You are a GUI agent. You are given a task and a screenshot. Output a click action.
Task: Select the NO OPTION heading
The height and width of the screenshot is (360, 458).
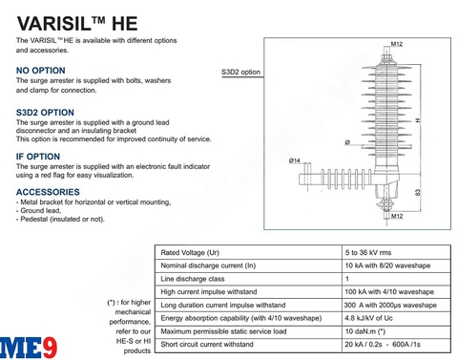point(41,71)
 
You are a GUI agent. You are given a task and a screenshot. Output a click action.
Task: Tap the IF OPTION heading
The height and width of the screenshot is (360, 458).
point(38,156)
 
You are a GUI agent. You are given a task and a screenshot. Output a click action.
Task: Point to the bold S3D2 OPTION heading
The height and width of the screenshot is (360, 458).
point(45,113)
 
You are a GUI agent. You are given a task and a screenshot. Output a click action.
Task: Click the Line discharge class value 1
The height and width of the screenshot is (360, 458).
point(347,278)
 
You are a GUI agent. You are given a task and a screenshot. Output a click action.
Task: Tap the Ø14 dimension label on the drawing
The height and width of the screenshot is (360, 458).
point(295,159)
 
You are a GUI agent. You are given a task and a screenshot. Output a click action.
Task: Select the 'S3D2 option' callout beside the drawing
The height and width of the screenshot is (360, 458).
point(240,72)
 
